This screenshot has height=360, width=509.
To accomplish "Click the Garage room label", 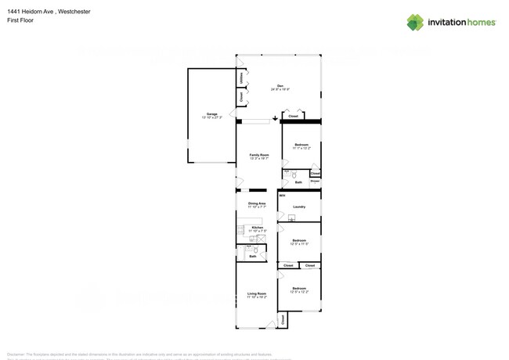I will coord(212,115).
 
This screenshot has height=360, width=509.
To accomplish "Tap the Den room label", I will coord(280,86).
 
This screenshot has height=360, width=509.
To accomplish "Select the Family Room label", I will coord(259,156).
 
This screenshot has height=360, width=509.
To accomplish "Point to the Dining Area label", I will coord(257,204).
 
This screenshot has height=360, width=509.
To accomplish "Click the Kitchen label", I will coord(257,228).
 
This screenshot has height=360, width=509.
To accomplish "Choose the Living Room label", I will coord(257,294).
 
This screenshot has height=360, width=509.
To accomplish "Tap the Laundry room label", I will coord(299,207).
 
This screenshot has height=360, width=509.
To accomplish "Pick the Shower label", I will coord(315,181).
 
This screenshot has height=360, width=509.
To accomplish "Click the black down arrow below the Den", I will coord(275,119).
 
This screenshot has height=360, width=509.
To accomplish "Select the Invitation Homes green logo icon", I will coord(415,22).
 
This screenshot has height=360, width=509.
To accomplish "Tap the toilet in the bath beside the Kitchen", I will coord(255,250).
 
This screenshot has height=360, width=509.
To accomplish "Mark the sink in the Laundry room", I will coord(291,218).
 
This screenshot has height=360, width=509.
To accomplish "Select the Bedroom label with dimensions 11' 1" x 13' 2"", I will coord(301,146).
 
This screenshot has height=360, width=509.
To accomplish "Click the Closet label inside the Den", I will coord(293,116).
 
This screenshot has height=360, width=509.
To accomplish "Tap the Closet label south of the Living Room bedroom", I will coord(283,320).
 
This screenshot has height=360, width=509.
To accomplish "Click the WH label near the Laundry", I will coord(282,195).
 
